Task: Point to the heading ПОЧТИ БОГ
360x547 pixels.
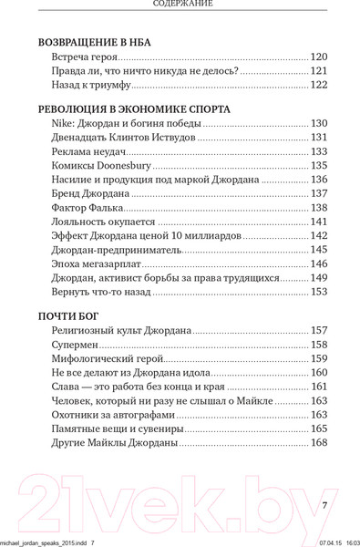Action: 67,315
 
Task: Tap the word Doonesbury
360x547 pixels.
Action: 114,166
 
